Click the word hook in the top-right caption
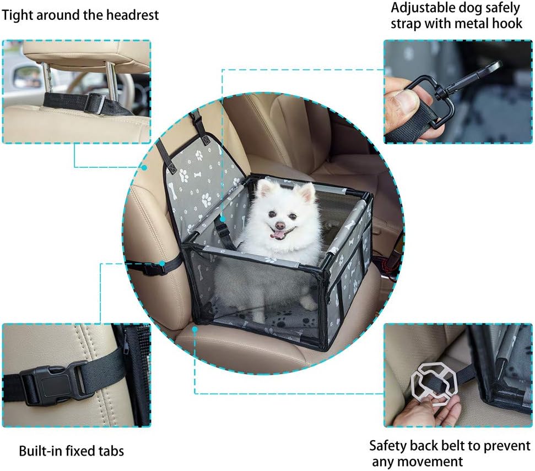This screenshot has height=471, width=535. click(x=507, y=24)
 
